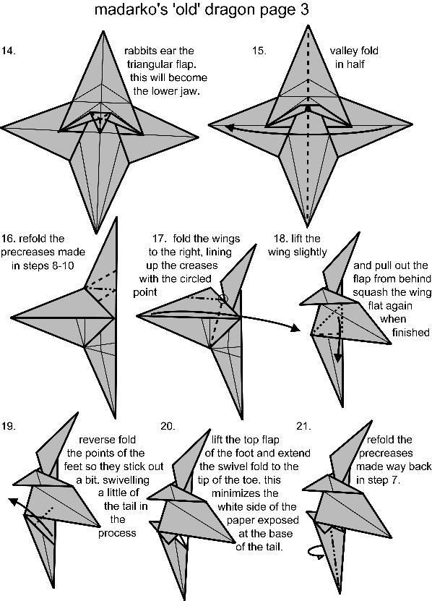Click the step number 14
pyautogui.click(x=8, y=51)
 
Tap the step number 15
pyautogui.click(x=259, y=51)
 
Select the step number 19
pyautogui.click(x=8, y=426)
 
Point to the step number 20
pyautogui.click(x=168, y=426)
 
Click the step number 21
pyautogui.click(x=303, y=426)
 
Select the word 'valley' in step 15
pyautogui.click(x=342, y=51)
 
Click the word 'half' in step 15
pyautogui.click(x=355, y=64)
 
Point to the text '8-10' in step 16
pyautogui.click(x=61, y=265)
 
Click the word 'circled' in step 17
pyautogui.click(x=196, y=278)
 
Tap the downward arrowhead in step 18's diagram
pyautogui.click(x=338, y=357)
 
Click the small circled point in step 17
pyautogui.click(x=224, y=299)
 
